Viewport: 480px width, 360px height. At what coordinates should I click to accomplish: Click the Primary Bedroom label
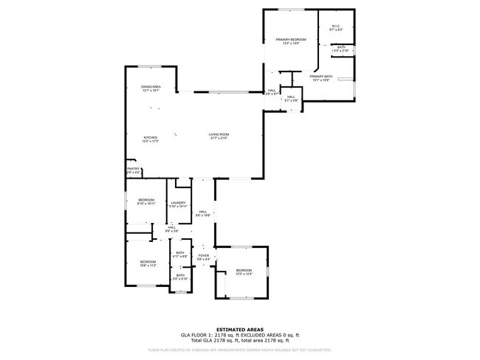click(x=291, y=39)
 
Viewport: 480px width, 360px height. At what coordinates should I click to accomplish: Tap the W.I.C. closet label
click(x=335, y=27)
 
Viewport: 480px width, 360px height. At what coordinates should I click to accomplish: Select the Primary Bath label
click(x=321, y=76)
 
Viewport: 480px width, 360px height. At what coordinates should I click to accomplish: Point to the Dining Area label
click(x=151, y=87)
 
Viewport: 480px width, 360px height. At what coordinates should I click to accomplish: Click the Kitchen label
click(x=151, y=137)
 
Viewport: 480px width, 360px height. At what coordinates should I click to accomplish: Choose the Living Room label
click(x=219, y=134)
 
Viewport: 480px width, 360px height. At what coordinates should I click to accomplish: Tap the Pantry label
click(x=133, y=169)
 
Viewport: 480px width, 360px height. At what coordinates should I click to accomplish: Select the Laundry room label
click(x=178, y=203)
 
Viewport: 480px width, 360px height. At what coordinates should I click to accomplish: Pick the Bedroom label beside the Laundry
click(x=146, y=200)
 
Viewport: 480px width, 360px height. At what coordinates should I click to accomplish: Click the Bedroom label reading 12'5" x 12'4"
click(x=244, y=271)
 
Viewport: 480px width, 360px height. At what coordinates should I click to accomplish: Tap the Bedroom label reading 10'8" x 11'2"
click(x=148, y=261)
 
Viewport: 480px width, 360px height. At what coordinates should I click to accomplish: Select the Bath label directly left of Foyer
click(x=180, y=254)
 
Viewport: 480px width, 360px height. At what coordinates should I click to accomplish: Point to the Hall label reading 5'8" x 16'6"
click(x=202, y=212)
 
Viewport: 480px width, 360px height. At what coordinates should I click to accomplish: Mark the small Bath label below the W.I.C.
click(x=341, y=47)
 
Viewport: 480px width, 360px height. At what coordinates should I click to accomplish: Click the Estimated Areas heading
click(x=239, y=329)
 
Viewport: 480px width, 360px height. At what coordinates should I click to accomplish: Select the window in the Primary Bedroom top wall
click(x=289, y=10)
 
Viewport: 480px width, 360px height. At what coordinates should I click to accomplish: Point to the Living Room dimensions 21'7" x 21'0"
click(x=219, y=139)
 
